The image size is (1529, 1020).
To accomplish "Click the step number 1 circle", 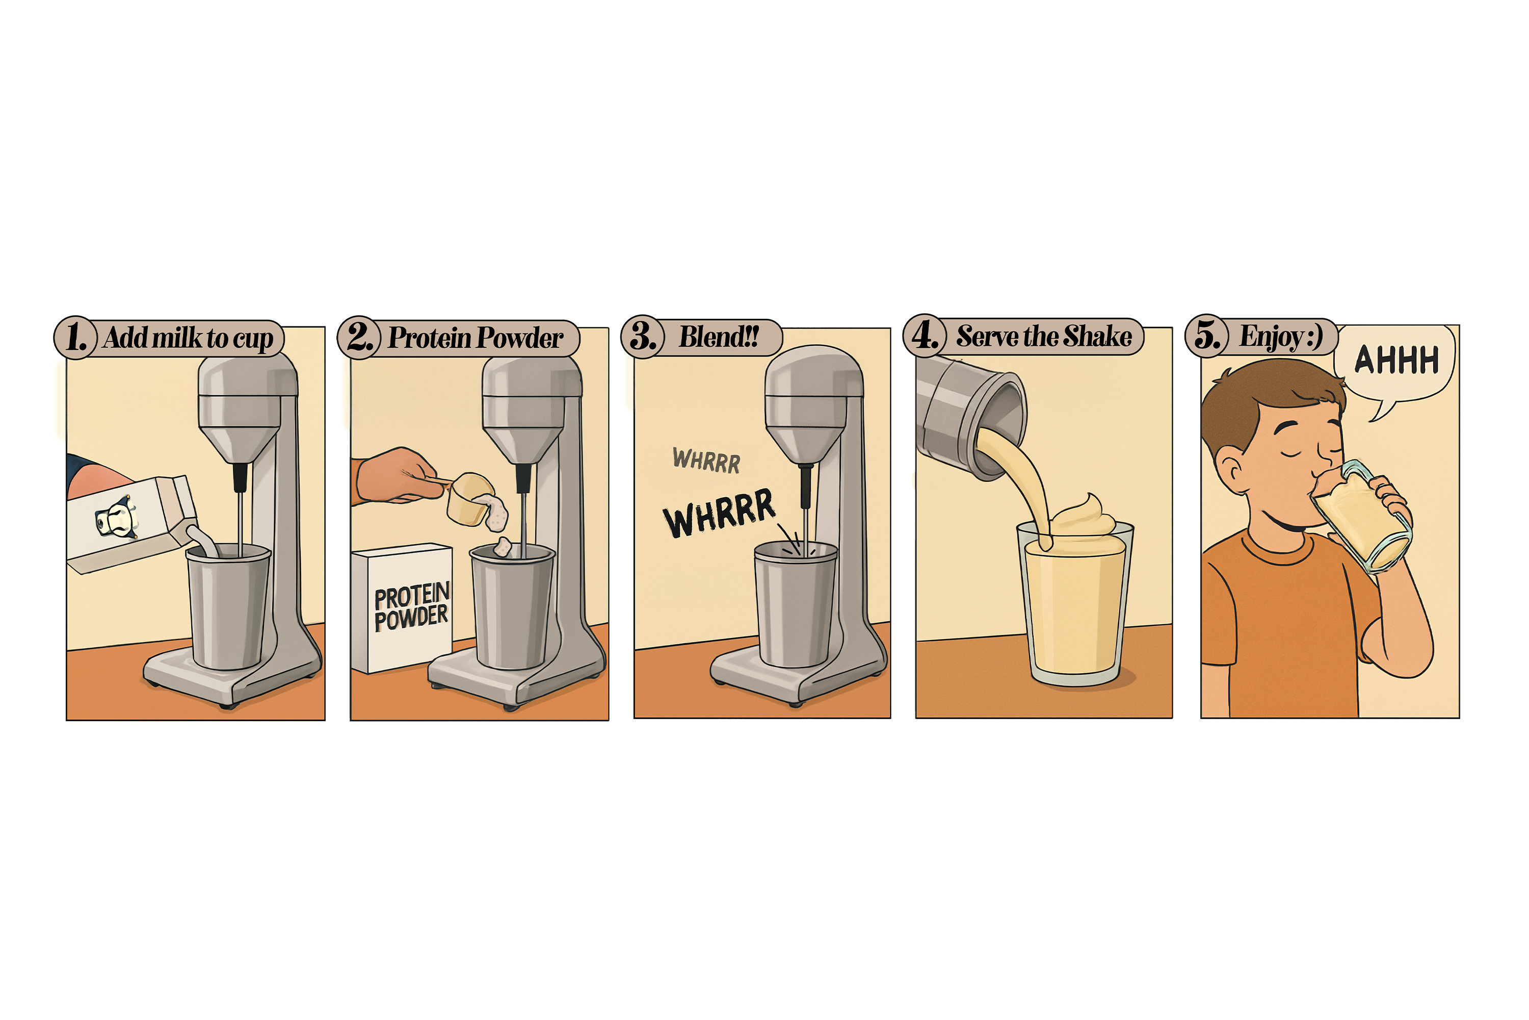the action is click(x=76, y=338).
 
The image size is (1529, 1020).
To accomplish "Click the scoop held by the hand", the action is click(x=469, y=499).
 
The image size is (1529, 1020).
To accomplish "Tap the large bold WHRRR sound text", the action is click(x=719, y=513).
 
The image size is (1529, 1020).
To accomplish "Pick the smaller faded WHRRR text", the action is click(x=706, y=460).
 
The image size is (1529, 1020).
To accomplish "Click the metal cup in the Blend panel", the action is click(x=796, y=604).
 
